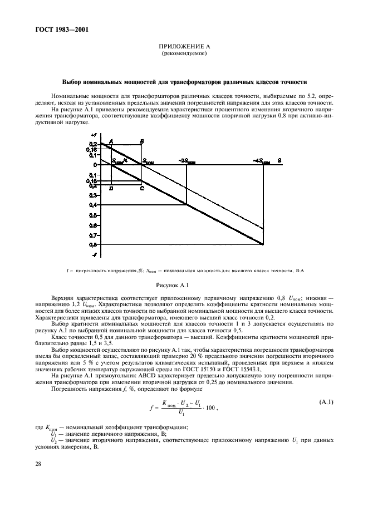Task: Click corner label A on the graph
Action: point(111,141)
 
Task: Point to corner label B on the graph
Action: point(142,141)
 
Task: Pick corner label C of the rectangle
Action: point(142,189)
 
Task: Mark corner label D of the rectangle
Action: point(111,189)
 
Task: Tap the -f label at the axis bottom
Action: point(94,254)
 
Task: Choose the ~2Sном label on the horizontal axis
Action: point(187,161)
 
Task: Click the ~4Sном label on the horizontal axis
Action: point(262,161)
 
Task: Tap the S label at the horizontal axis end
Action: point(279,160)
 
